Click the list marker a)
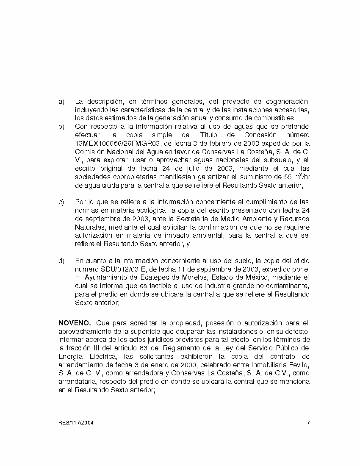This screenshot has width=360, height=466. click(x=61, y=102)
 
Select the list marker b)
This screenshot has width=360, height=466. click(x=61, y=127)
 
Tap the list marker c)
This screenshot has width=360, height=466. click(x=61, y=202)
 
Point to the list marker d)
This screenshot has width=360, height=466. click(x=61, y=261)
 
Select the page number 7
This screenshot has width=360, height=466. click(x=308, y=423)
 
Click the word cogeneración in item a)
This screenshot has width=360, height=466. click(x=288, y=102)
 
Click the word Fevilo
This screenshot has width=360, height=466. click(x=298, y=365)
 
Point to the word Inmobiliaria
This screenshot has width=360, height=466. click(x=262, y=365)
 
